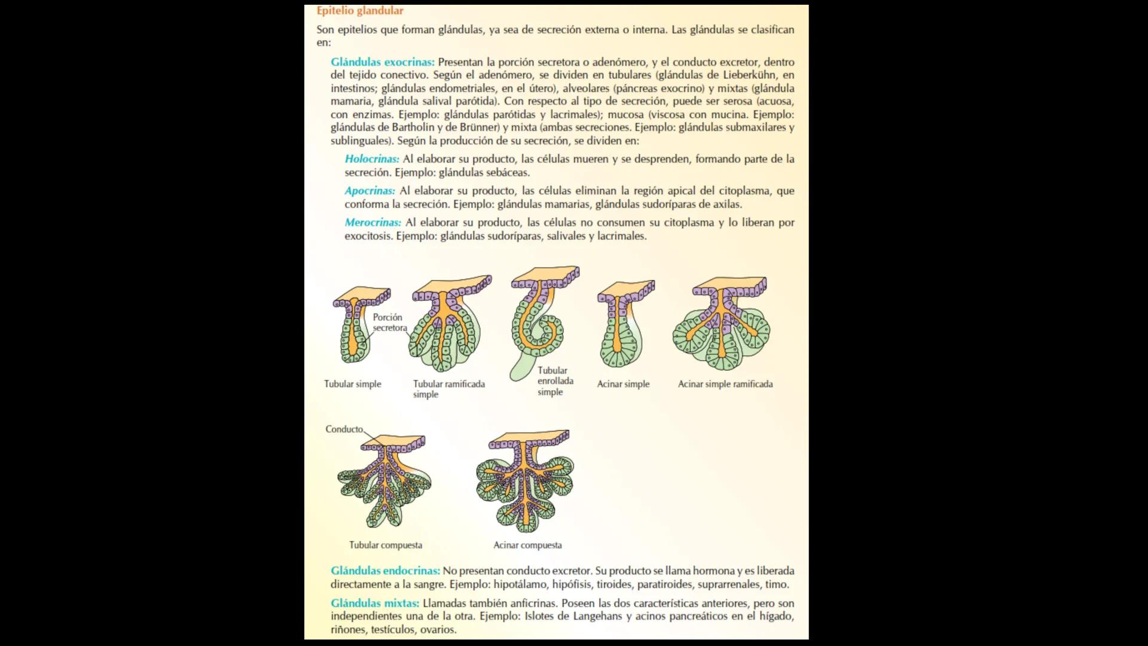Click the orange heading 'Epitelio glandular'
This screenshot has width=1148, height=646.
(x=360, y=11)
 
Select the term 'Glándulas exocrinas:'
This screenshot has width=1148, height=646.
(x=383, y=62)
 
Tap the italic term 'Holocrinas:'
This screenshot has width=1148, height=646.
(x=372, y=159)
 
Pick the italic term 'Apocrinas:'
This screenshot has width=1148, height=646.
(x=370, y=191)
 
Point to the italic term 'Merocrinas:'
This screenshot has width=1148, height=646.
(x=373, y=223)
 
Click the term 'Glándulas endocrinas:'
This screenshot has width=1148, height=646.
(x=385, y=571)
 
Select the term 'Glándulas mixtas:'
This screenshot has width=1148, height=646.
(x=375, y=603)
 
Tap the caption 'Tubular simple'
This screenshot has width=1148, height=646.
(x=352, y=384)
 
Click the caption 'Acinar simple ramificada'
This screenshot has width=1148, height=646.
(x=725, y=384)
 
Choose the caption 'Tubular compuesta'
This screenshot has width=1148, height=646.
(x=386, y=545)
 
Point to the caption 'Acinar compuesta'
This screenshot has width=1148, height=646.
(x=527, y=545)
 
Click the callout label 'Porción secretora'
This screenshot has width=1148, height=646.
(x=389, y=322)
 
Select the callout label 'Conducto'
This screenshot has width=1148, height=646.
(x=344, y=429)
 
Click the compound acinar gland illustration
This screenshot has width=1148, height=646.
(x=525, y=482)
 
